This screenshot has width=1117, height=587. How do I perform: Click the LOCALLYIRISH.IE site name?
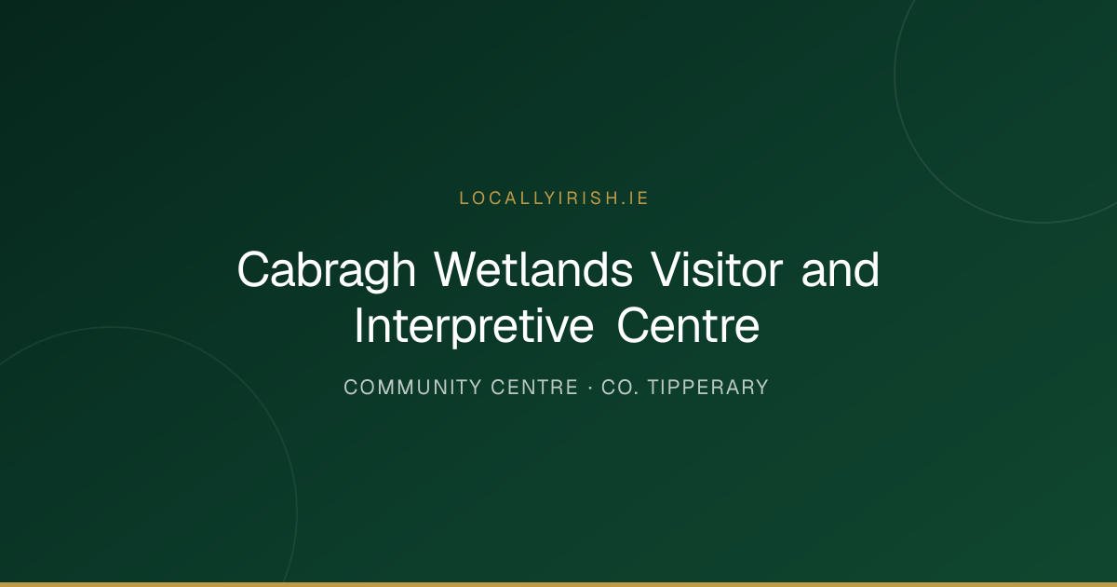(x=554, y=198)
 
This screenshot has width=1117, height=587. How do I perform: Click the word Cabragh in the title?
(x=327, y=270)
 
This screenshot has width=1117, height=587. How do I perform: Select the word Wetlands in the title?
(x=533, y=269)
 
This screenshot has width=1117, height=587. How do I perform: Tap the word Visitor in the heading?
(x=717, y=269)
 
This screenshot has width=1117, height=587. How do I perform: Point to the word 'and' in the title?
(x=841, y=269)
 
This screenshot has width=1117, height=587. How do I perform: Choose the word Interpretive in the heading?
(x=474, y=326)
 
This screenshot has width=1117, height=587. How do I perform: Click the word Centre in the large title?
(x=688, y=326)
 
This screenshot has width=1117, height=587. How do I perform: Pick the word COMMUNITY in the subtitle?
(x=413, y=388)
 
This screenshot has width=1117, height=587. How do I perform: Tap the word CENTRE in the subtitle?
(x=534, y=388)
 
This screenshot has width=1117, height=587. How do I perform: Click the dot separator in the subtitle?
(x=590, y=388)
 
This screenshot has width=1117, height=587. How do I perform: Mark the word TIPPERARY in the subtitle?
(x=708, y=388)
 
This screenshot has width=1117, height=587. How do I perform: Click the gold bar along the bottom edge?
(x=558, y=584)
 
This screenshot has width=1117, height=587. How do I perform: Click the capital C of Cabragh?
(x=254, y=269)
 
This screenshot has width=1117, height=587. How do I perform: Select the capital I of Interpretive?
(x=359, y=326)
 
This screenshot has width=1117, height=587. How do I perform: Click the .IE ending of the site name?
(x=634, y=198)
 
